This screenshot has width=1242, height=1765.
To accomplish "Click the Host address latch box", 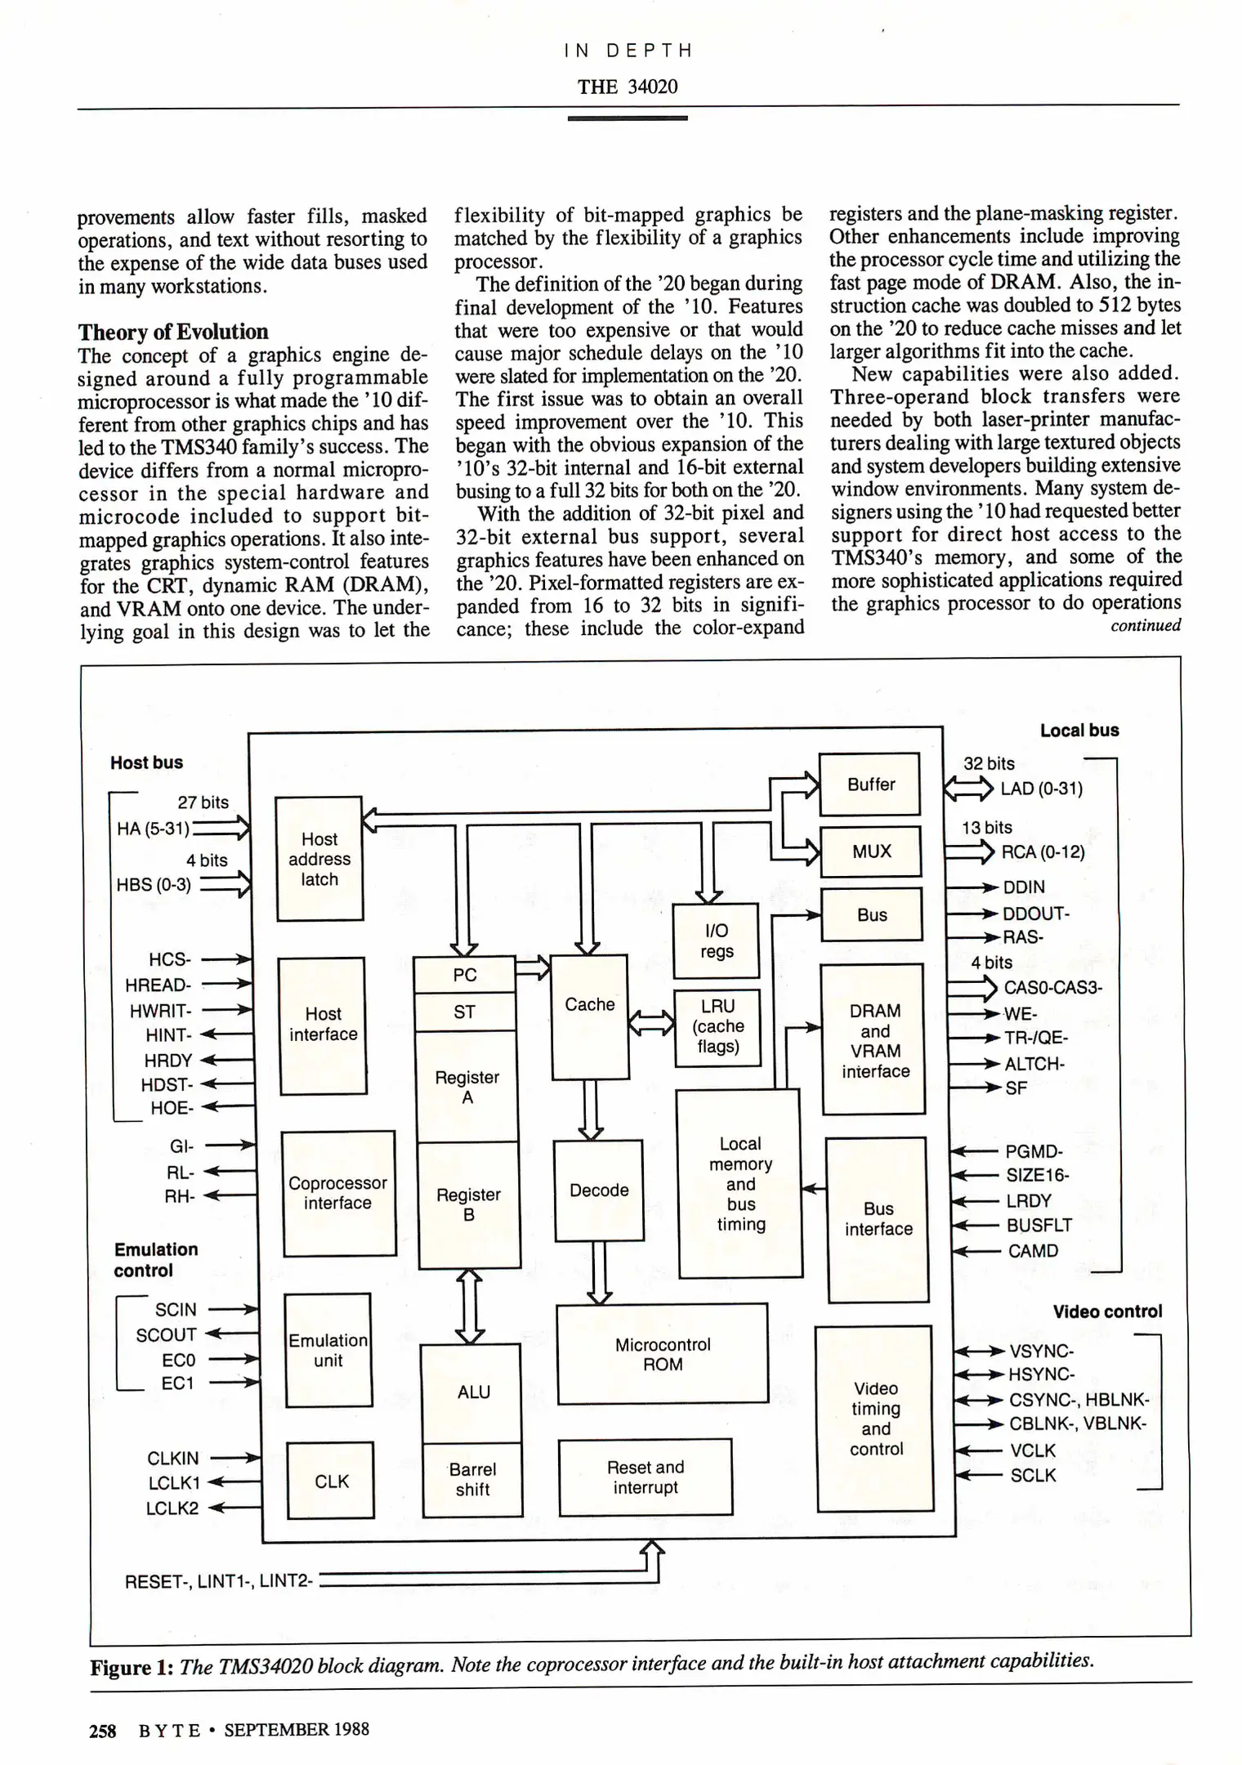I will (x=319, y=859).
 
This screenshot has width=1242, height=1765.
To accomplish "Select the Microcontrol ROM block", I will (x=662, y=1355).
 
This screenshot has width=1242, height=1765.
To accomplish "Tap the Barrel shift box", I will (x=472, y=1480).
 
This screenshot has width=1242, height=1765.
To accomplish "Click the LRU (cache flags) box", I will (x=717, y=1027).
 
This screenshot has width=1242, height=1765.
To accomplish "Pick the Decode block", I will (x=598, y=1191).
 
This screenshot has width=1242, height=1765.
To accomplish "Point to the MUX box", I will (x=871, y=851).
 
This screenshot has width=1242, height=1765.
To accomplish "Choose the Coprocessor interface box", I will (x=338, y=1193).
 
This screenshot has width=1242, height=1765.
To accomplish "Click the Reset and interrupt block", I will (x=646, y=1477).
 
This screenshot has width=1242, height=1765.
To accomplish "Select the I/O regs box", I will (x=717, y=941).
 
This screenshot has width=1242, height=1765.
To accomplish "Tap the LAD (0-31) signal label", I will (x=1041, y=789).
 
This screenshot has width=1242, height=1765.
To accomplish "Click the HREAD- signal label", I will (x=158, y=985).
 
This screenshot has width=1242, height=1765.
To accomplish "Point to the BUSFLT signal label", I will (x=1039, y=1225).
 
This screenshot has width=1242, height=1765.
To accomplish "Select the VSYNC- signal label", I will (x=1041, y=1352).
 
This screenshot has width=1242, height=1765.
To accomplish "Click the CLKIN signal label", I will (x=172, y=1458).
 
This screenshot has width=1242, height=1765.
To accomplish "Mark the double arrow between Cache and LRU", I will (x=651, y=1022).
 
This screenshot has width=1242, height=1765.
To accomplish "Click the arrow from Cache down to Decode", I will (x=591, y=1110).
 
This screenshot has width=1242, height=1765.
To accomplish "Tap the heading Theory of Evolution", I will (x=173, y=332).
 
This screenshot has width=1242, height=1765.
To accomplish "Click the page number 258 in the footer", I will (x=102, y=1730).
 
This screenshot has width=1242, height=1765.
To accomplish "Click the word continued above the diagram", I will (x=1145, y=626).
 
